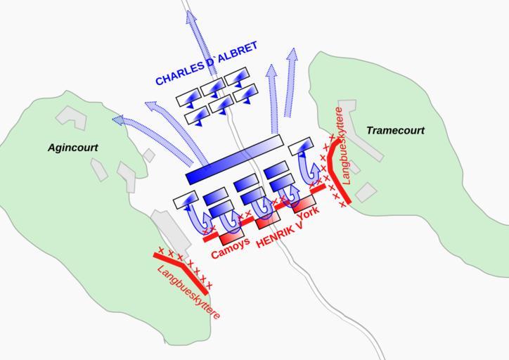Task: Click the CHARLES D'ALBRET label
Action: [x=206, y=65]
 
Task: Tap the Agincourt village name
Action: [x=73, y=148]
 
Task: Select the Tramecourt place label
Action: [x=395, y=131]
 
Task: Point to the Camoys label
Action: [x=230, y=247]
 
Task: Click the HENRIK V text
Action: [x=280, y=236]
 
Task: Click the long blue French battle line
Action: [x=234, y=160]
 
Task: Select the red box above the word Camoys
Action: [x=231, y=229]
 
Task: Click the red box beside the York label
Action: [x=304, y=204]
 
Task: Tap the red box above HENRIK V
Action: [x=268, y=221]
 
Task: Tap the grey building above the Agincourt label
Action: [x=71, y=116]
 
